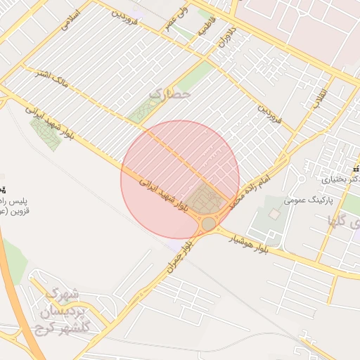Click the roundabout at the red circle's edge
click(209, 224)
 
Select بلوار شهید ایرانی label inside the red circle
click(165, 193)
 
